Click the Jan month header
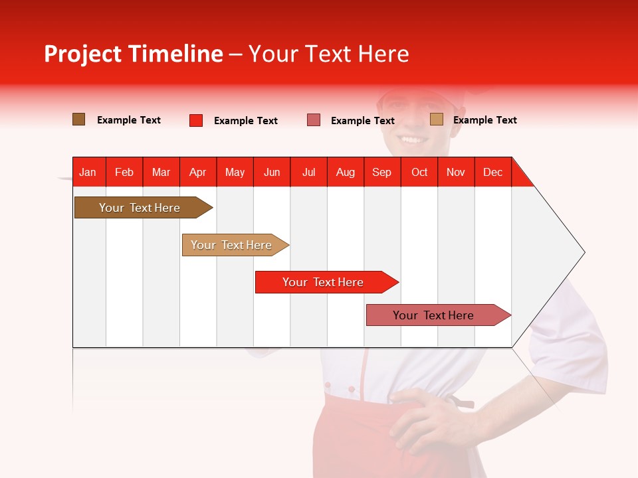[x=88, y=173]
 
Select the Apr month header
[x=198, y=173]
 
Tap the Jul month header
[x=308, y=173]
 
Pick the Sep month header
[x=381, y=173]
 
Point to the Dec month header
[x=492, y=173]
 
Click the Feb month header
[x=124, y=173]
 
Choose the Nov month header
[x=456, y=173]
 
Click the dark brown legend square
[x=79, y=119]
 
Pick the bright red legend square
[x=196, y=120]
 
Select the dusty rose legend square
[x=314, y=120]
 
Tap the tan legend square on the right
[x=437, y=119]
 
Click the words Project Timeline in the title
[x=134, y=54]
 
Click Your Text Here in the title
[x=329, y=54]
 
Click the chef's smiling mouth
[x=413, y=139]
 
